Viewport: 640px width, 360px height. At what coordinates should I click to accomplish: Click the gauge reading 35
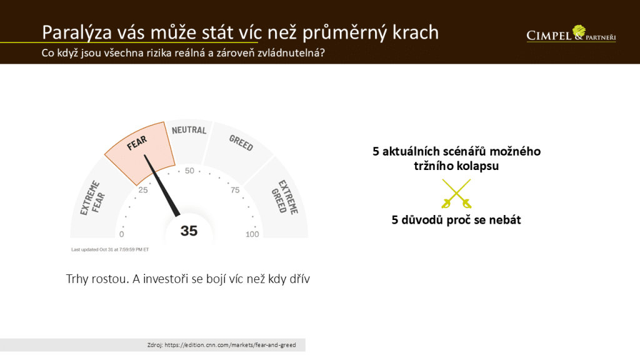(189, 231)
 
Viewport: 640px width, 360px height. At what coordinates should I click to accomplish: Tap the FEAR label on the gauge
(137, 143)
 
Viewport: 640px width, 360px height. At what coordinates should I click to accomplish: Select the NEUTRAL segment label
(189, 130)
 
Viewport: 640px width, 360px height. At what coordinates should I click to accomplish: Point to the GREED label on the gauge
(241, 143)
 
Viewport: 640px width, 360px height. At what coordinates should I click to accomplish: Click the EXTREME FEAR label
(92, 198)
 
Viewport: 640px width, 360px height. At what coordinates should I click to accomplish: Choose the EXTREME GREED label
(285, 197)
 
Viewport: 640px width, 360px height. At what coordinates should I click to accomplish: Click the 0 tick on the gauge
(122, 234)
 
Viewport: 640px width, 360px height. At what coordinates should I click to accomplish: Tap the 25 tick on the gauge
(143, 190)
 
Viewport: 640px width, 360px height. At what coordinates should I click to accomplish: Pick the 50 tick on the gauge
(189, 171)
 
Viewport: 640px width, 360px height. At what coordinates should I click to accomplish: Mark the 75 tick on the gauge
(235, 190)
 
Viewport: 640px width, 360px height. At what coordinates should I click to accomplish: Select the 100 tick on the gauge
(252, 234)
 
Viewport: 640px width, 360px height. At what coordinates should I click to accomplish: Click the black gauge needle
(162, 185)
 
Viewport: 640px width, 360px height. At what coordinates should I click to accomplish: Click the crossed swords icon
(456, 194)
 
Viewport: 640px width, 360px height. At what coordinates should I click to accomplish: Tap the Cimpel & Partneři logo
(571, 34)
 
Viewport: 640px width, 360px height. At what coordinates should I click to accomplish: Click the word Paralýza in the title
(77, 32)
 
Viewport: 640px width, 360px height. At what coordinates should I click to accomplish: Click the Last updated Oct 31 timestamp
(110, 249)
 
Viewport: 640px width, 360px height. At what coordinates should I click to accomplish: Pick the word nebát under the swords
(505, 220)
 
